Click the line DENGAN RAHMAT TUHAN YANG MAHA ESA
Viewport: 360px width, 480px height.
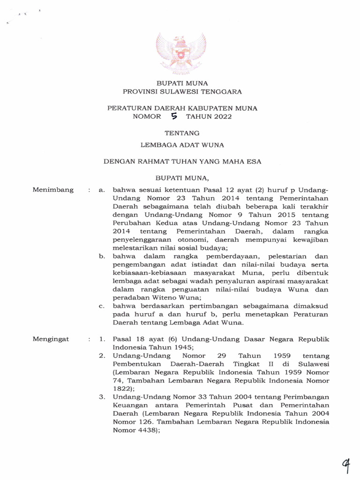[182, 161]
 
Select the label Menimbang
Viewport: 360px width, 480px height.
[53, 190]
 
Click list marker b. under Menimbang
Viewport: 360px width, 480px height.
[102, 256]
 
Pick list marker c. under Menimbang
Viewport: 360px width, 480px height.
[102, 306]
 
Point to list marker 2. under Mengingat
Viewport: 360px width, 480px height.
[102, 356]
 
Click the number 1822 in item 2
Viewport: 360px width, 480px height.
[122, 389]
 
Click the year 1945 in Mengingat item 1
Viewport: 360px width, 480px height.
[180, 347]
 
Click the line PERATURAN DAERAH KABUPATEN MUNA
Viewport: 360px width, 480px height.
[182, 108]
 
